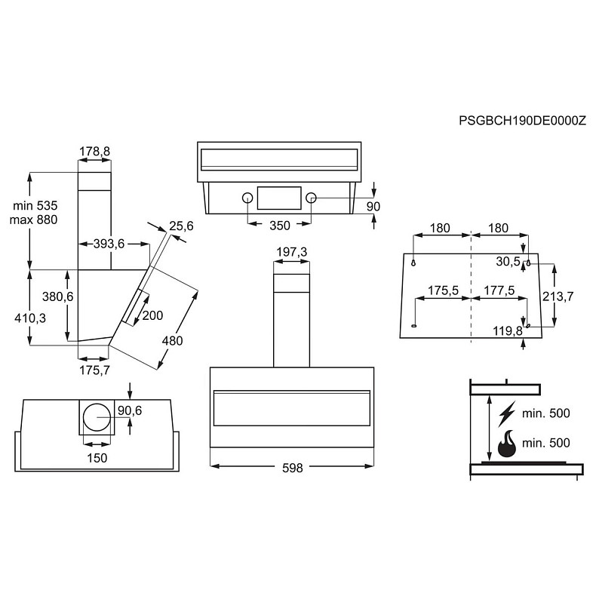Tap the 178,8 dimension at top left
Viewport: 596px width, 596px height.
(94, 152)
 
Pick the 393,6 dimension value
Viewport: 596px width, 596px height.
(108, 243)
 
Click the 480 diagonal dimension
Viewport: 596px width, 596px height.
(172, 340)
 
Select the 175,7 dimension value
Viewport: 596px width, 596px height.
(94, 370)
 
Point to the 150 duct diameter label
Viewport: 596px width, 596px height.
(97, 458)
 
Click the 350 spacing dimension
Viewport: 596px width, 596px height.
(279, 225)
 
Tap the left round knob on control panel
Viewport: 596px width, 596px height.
(247, 198)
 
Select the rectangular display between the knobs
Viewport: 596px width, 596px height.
(279, 198)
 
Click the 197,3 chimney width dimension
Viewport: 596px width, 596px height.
(291, 251)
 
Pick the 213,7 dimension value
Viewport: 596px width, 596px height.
(559, 296)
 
